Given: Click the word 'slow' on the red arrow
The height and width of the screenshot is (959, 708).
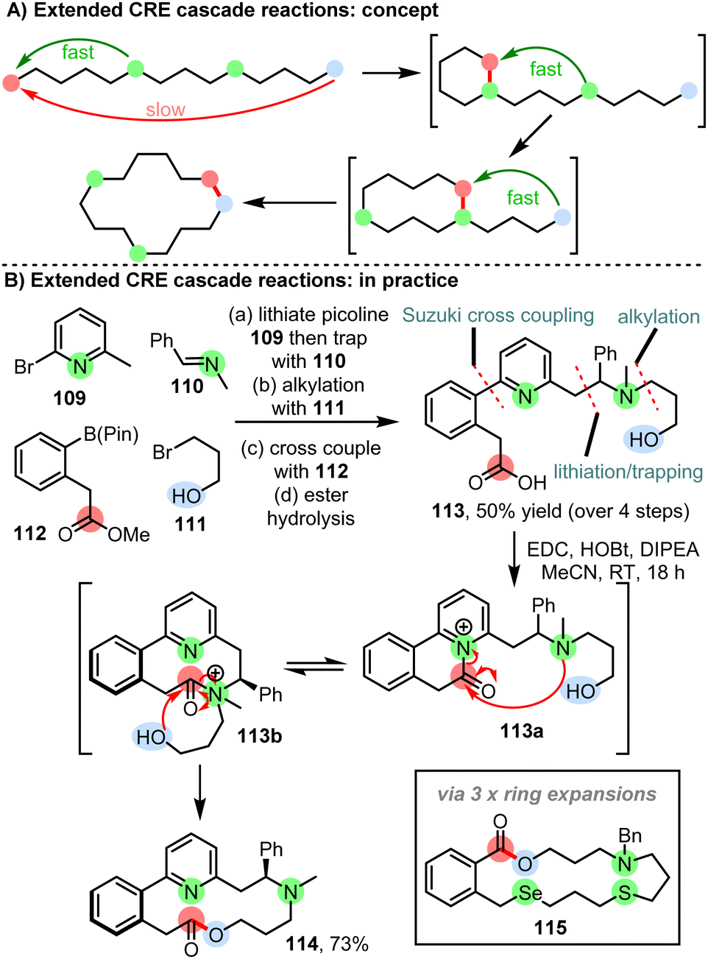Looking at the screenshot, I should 165,110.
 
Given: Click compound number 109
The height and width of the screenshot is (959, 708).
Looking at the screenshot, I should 69,398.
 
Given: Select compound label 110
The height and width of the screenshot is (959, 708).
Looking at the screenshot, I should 187,386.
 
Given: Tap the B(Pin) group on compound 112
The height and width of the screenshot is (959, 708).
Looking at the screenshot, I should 111,434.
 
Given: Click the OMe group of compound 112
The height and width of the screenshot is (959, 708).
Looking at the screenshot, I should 128,534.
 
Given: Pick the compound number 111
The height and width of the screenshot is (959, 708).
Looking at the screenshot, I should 190,525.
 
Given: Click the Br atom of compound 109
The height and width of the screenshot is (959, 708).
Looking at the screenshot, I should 24,366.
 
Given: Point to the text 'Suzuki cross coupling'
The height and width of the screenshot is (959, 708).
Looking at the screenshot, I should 498,316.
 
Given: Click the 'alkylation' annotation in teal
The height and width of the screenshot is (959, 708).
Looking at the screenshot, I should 658,317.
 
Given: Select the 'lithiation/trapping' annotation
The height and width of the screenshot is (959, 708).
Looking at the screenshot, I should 628,472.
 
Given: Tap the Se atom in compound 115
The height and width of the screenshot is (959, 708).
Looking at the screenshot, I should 530,893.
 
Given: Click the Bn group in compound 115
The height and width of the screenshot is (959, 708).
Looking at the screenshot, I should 629,836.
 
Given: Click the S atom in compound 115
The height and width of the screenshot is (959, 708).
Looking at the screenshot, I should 625,893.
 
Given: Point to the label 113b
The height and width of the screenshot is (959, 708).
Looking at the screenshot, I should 259,735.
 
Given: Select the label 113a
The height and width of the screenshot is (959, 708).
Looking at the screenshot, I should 521,731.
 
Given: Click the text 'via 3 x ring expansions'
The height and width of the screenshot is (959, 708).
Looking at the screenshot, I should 546,794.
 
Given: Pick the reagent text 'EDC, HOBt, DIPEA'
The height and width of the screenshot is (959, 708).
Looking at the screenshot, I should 612,550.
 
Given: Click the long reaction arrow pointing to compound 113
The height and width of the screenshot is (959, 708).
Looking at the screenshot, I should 316,422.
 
